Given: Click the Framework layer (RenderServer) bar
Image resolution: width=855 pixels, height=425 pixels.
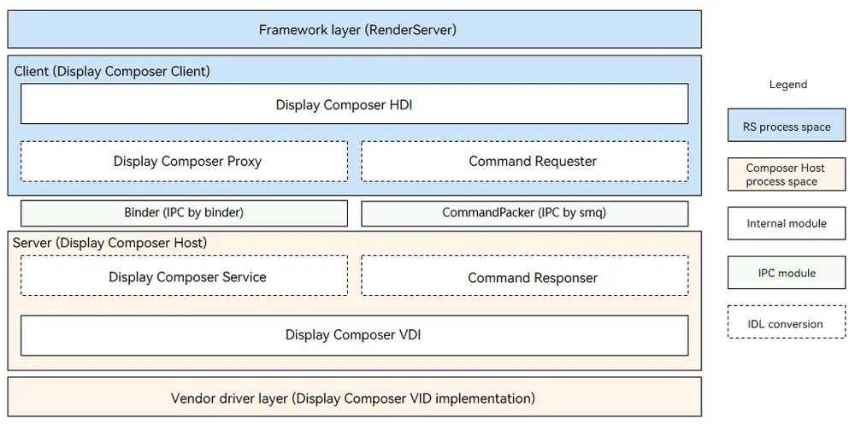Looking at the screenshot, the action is click(x=355, y=29).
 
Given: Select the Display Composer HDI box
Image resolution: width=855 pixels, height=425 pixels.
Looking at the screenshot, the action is click(x=355, y=103).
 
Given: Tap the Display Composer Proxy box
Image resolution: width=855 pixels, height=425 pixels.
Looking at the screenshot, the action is click(x=185, y=162).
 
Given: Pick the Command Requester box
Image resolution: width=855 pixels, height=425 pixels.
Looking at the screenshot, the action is click(x=525, y=162).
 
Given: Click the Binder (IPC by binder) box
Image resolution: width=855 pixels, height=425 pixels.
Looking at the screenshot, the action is click(x=185, y=213).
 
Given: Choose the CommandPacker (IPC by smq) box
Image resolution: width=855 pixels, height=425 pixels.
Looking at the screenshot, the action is click(x=525, y=213).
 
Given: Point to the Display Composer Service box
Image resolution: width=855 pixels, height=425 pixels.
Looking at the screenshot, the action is click(x=185, y=276).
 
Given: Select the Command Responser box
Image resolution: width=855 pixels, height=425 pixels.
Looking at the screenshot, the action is click(x=525, y=276).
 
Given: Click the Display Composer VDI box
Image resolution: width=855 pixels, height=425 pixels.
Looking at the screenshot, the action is click(x=355, y=335).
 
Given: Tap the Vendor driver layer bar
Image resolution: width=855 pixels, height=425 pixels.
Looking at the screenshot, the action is click(x=355, y=397).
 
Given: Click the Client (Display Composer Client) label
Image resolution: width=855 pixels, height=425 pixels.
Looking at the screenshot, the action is click(x=112, y=72).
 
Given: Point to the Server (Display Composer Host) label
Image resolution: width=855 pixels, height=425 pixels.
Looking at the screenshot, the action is click(x=109, y=243).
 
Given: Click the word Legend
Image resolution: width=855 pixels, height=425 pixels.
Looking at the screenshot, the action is click(x=788, y=85).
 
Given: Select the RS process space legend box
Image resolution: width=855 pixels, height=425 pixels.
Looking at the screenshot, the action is click(x=787, y=126).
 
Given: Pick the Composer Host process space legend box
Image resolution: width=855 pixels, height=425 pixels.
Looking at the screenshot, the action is click(x=787, y=174).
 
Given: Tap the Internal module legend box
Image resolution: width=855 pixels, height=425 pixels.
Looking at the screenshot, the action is click(x=787, y=223).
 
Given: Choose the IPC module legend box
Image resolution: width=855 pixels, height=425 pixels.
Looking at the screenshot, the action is click(x=787, y=273).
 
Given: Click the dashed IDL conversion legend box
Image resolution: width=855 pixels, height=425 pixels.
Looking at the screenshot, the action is click(x=787, y=322).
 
